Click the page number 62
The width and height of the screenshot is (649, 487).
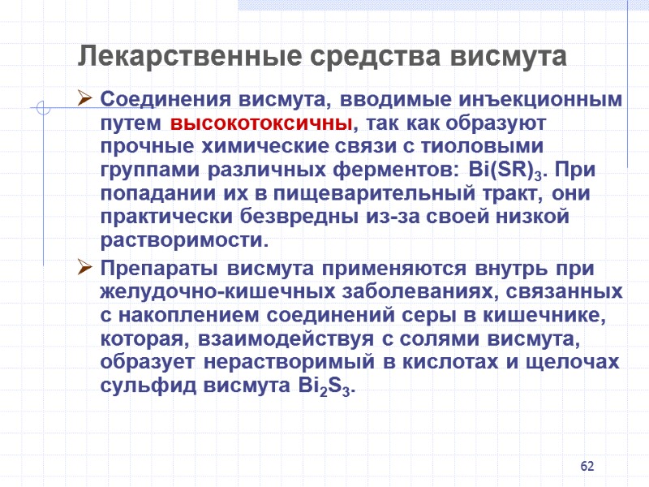coord(588,467)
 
